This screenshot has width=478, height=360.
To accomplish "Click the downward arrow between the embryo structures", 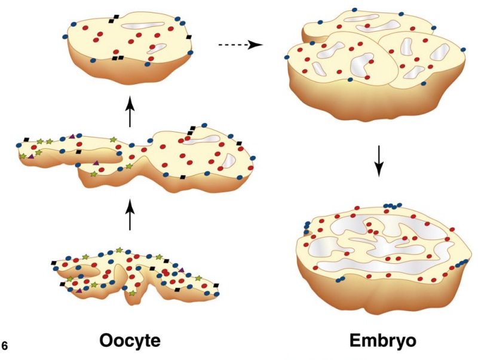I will click(378, 159).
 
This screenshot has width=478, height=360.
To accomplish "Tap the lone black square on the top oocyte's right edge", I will click(189, 37).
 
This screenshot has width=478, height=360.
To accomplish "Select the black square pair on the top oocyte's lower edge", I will click(118, 58).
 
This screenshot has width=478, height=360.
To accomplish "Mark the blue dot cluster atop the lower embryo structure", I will click(392, 205).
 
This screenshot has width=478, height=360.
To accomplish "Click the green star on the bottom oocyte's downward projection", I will click(132, 293).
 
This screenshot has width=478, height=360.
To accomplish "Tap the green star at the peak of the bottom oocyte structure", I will click(119, 250).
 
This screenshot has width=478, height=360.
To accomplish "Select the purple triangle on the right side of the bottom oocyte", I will click(181, 270).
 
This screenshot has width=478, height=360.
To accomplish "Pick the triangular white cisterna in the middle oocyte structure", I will click(228, 160).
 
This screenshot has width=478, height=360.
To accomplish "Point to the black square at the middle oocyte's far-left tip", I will click(26, 140).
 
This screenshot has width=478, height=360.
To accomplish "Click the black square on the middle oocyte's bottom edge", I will click(182, 177).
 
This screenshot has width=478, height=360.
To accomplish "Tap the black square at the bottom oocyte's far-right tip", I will click(216, 285).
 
